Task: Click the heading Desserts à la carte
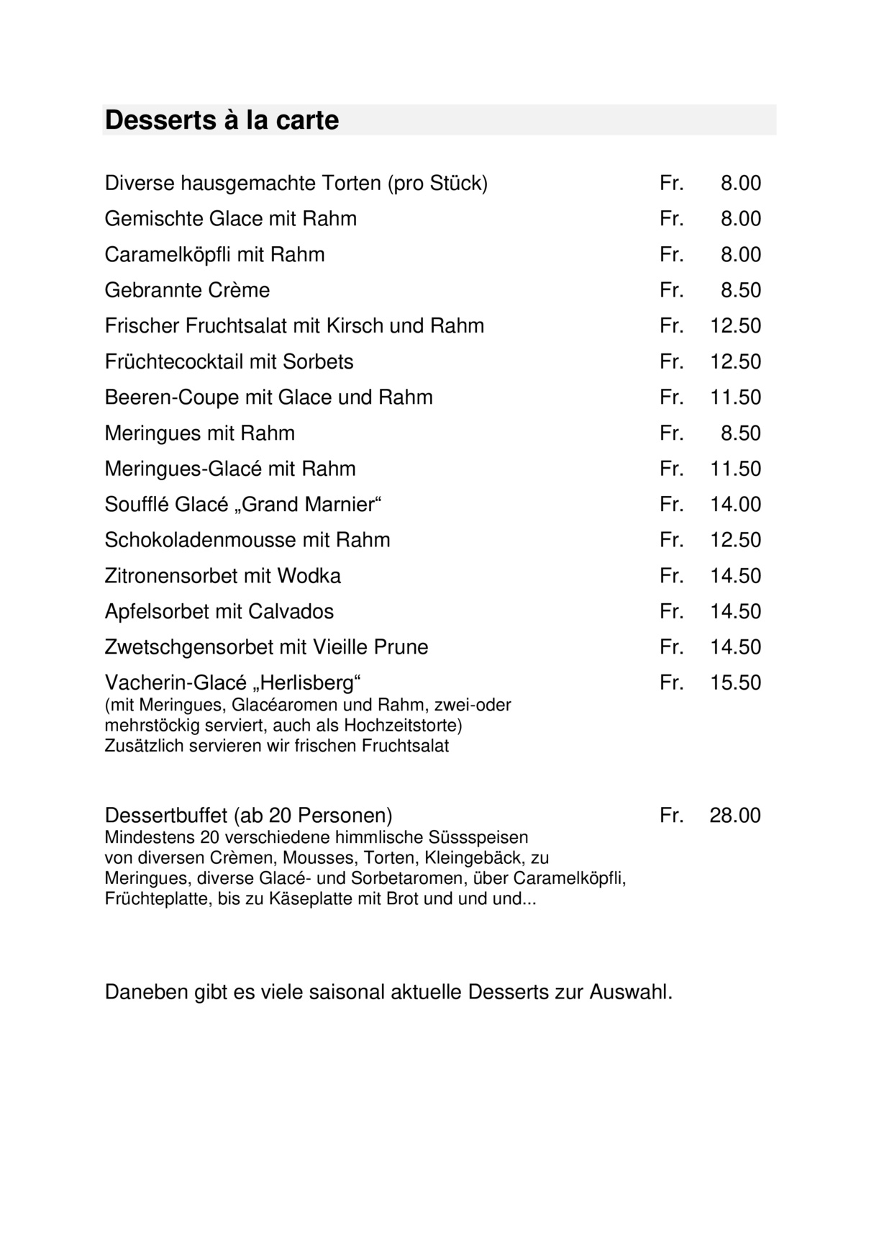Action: tap(222, 120)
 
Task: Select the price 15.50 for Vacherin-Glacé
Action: tap(735, 682)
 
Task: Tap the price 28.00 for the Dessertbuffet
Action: tap(735, 816)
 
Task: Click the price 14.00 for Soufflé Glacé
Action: tap(735, 504)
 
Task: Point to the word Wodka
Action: tap(309, 576)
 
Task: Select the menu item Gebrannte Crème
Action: tap(187, 290)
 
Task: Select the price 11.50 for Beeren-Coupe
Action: tap(735, 397)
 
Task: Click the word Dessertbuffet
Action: tap(166, 816)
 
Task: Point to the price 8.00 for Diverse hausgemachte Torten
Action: tap(740, 184)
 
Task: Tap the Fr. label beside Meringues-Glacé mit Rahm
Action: tap(671, 469)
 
